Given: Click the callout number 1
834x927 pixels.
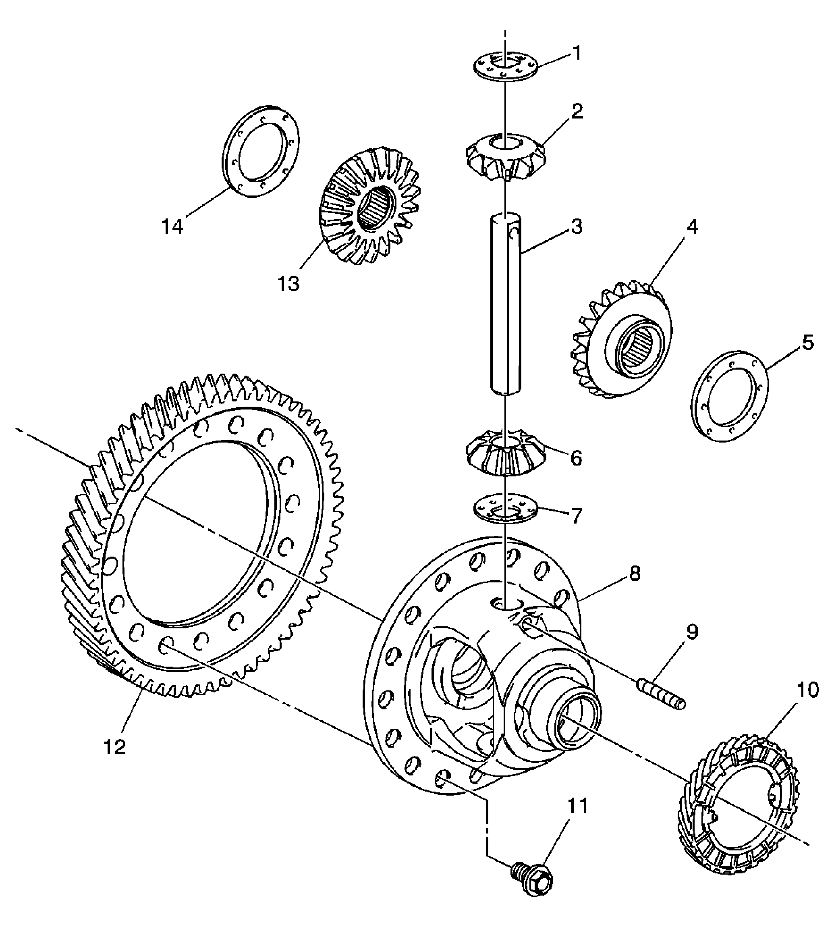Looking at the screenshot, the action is (577, 53).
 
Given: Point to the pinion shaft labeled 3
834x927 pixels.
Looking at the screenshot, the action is (506, 303).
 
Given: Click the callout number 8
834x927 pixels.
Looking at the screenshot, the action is (635, 574).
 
